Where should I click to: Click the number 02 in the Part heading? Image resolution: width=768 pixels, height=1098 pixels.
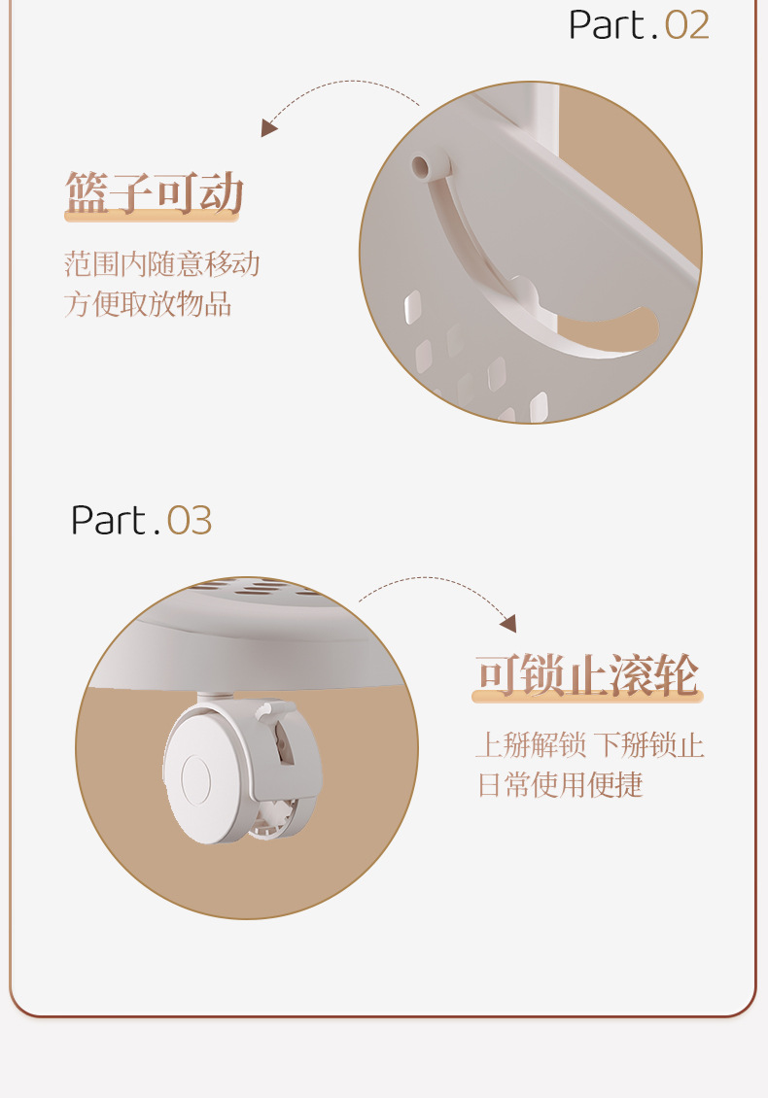point(686,25)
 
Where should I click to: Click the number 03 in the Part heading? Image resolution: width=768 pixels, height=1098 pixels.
point(190,521)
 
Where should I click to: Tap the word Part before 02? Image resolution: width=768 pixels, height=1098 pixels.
point(606,25)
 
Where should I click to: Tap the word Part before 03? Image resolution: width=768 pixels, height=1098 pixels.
point(109,521)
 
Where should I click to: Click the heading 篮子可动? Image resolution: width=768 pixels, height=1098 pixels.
point(155,192)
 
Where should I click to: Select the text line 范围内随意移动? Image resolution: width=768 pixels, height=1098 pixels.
point(162,264)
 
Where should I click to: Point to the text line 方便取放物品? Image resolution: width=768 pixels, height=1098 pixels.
point(148,304)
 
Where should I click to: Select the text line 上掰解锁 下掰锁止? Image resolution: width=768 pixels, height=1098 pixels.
point(590,744)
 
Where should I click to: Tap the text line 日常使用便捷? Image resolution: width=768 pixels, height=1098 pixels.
point(561,784)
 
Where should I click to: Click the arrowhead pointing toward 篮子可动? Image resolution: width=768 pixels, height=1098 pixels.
point(268,127)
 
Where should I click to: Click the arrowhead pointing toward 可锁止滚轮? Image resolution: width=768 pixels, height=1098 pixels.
point(508,623)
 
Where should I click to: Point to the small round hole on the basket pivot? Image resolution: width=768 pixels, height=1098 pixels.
point(420,167)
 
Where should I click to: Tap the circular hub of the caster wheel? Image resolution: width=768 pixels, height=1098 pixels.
point(195,778)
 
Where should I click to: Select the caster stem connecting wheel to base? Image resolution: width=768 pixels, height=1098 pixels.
point(214,698)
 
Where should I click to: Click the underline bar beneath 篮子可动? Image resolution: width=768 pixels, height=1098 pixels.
point(152,217)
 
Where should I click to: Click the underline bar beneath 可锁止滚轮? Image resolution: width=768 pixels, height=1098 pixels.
point(587,697)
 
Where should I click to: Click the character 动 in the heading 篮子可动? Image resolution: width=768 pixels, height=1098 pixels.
point(222,192)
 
